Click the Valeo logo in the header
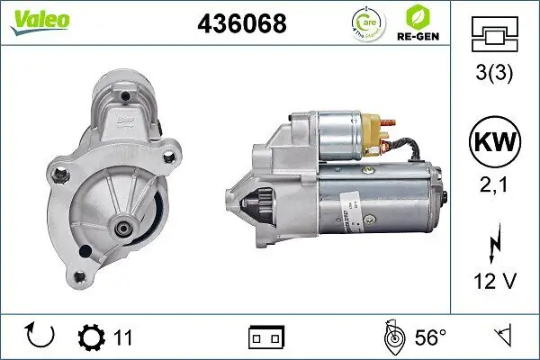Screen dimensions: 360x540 (31, 19)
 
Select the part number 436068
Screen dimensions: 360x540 (241, 24)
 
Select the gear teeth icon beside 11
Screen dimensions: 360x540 (91, 337)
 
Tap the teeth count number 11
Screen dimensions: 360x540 (123, 338)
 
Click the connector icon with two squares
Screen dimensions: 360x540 (266, 338)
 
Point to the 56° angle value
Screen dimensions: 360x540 (430, 338)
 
